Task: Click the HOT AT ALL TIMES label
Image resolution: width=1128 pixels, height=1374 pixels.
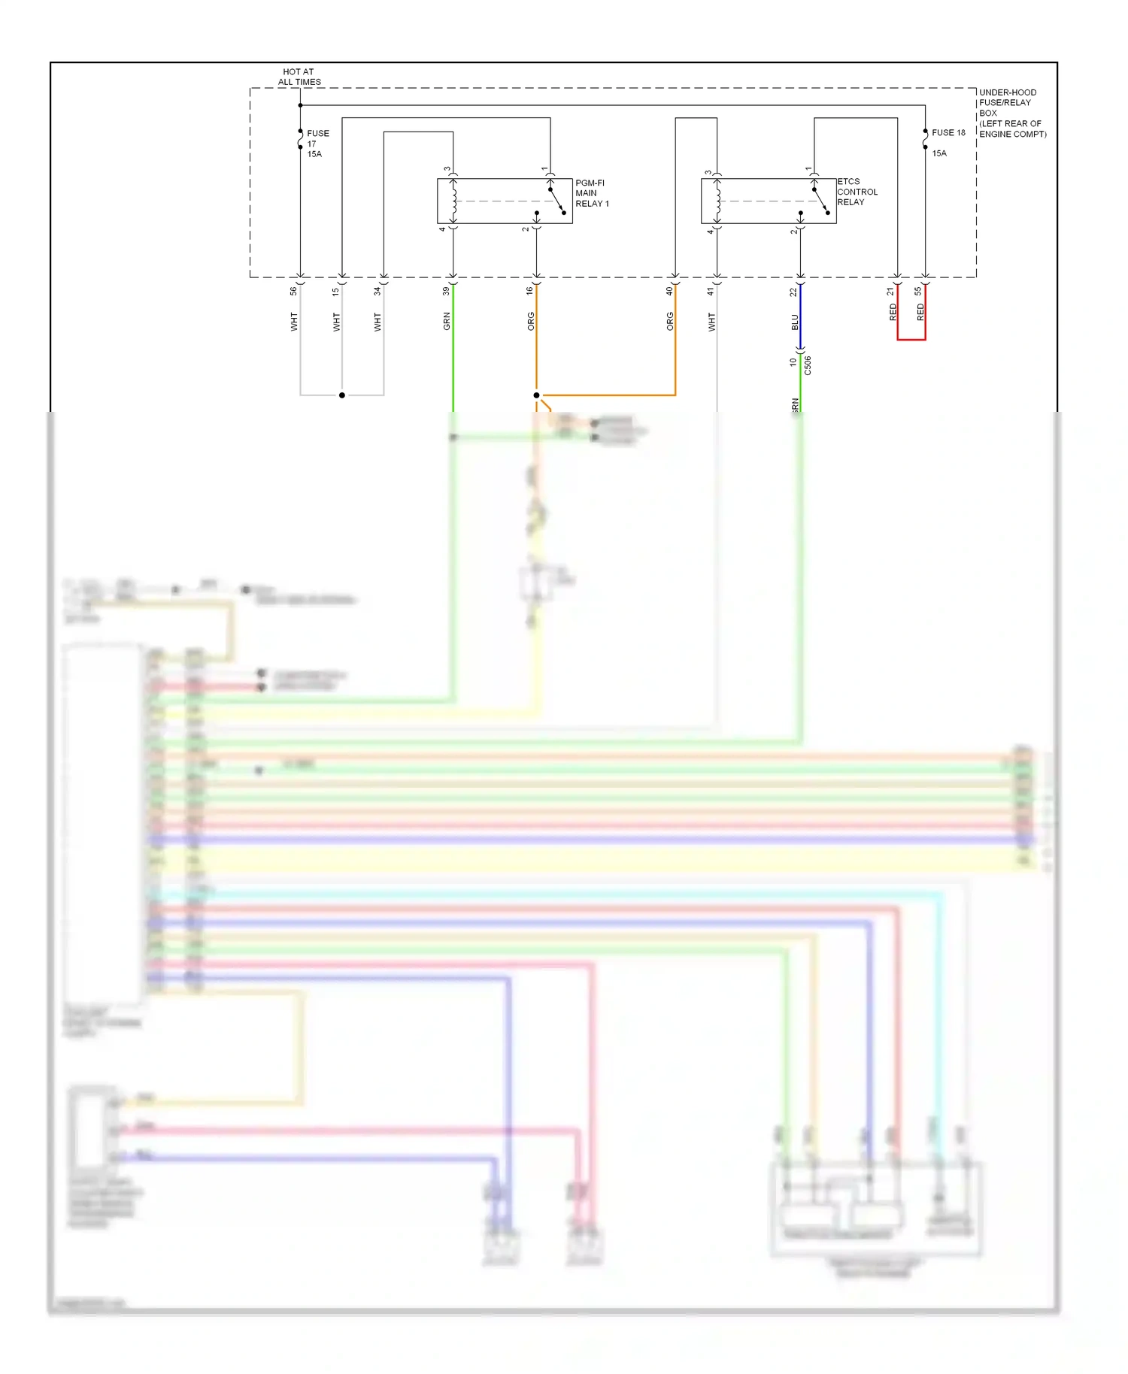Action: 299,77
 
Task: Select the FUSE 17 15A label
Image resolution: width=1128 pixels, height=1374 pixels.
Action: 317,144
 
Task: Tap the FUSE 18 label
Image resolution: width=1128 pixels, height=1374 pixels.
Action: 948,133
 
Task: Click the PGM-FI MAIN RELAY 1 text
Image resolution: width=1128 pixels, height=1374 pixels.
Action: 591,193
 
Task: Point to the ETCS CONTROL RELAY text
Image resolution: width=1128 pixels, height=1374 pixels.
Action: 857,192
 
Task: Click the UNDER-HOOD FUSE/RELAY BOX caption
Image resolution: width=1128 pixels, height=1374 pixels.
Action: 1011,113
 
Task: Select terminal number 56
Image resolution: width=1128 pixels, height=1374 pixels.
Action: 293,291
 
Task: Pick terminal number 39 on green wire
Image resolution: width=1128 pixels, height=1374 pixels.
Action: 446,291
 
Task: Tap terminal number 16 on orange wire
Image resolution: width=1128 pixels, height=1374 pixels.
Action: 529,291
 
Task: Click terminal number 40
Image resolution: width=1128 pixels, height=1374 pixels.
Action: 669,291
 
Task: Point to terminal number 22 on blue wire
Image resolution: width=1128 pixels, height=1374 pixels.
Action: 793,292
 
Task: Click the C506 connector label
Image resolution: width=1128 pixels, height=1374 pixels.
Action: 808,365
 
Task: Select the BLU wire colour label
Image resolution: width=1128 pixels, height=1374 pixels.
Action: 794,322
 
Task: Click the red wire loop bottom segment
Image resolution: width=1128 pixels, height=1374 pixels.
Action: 911,340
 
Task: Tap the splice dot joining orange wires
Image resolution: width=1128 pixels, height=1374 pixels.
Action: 536,395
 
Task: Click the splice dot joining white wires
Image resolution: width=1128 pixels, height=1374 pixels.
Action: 342,395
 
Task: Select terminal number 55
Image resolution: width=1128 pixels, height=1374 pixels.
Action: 917,291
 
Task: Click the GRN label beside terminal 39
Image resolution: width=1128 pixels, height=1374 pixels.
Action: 447,321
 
